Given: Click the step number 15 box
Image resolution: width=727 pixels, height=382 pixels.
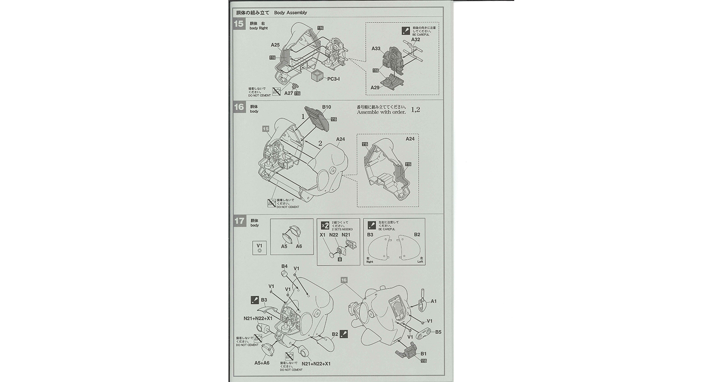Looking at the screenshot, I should pos(239,24).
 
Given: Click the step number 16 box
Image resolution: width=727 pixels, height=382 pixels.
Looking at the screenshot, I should pos(239,107).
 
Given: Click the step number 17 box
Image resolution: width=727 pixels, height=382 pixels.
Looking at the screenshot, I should pos(239,221).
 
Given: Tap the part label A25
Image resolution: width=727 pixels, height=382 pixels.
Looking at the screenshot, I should pos(275,45).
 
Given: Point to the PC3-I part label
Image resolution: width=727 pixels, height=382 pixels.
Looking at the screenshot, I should pos(333,79).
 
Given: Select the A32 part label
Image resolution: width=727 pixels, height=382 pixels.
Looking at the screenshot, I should pos(415,40).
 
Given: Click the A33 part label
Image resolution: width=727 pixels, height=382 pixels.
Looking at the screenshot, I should pos(376,49).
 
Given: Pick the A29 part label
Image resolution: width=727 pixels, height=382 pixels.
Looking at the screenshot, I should pos(375,87).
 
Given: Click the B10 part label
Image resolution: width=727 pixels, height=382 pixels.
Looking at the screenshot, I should pos(326,107).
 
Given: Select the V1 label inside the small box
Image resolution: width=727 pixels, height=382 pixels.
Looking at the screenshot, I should pos(259,245).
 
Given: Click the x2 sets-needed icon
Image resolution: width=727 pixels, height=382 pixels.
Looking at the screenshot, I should pos(325,225).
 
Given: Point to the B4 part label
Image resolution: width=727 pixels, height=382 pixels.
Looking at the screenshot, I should pos(284,267).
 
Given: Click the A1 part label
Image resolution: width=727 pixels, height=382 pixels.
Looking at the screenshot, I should pos(434,301).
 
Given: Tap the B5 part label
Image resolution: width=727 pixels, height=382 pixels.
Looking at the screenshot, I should pos(438,332).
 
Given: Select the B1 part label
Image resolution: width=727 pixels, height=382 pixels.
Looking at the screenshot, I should pos(423,354).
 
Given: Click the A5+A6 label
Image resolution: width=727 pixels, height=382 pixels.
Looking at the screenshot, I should pos(262,363).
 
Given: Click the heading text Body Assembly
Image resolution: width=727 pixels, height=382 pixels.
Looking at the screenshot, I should pos(290,13).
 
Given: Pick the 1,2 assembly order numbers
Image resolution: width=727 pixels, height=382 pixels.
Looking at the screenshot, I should pos(415,110).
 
